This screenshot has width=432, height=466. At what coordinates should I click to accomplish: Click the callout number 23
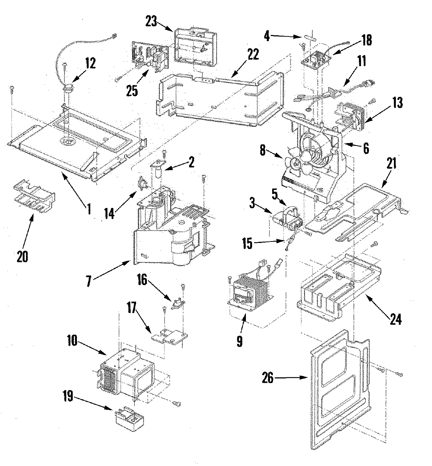(x=151, y=22)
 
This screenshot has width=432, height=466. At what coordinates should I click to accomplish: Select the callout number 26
(x=269, y=378)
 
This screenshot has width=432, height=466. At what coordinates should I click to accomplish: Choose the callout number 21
(x=392, y=164)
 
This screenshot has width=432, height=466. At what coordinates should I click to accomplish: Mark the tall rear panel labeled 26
(x=338, y=389)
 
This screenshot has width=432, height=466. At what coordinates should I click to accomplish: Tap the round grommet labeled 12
(x=68, y=88)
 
